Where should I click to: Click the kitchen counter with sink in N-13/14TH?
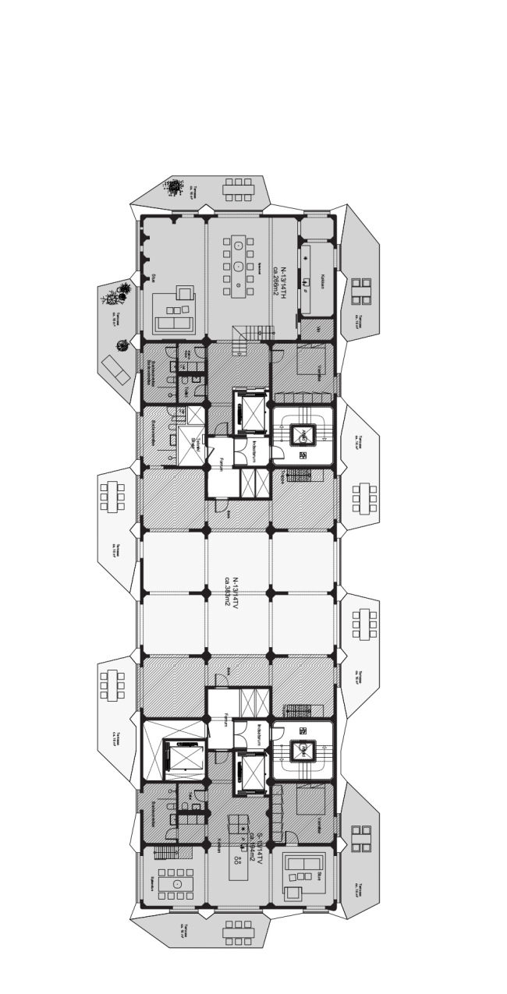coord(306,267)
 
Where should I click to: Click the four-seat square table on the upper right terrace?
coord(361,291)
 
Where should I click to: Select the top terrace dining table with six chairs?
coord(239,189)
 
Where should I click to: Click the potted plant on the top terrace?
coord(173,186)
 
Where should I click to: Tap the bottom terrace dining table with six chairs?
coord(239,930)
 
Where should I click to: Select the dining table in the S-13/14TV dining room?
coord(177,884)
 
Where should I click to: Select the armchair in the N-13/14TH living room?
coord(185,293)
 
